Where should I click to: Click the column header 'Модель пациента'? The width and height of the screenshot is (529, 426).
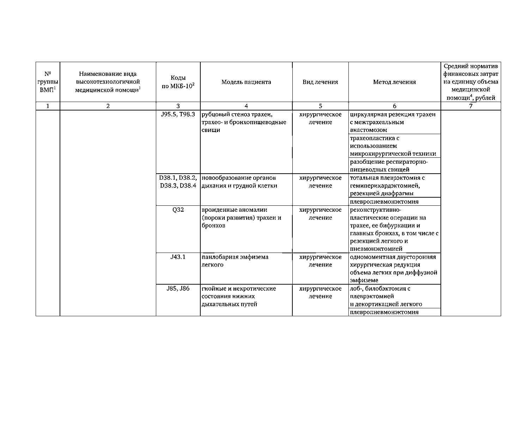[246, 82]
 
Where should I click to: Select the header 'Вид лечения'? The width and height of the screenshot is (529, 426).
[320, 82]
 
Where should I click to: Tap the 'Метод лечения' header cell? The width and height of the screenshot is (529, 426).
[394, 82]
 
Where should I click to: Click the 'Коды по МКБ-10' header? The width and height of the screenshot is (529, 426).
[178, 82]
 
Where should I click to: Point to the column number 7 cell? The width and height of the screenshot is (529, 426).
[470, 106]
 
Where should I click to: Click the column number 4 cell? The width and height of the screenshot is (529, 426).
[246, 106]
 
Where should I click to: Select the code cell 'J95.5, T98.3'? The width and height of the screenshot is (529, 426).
[178, 115]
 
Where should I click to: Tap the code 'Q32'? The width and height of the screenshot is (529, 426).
[178, 210]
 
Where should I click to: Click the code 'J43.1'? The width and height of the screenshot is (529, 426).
[178, 257]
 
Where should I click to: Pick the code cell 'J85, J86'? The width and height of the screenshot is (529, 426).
[178, 289]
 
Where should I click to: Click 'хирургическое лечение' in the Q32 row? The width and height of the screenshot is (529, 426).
[320, 214]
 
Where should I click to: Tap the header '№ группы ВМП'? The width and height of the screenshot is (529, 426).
[48, 82]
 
